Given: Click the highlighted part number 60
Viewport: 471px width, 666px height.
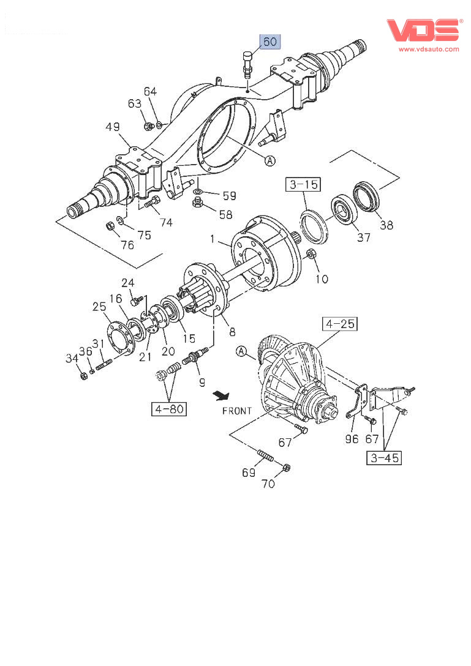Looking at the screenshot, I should coord(270,42).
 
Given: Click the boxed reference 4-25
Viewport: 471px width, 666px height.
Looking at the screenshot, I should coord(340,324).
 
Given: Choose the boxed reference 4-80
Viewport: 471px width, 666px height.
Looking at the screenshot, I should coord(169,408).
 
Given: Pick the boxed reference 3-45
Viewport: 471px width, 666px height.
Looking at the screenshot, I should coord(385,457).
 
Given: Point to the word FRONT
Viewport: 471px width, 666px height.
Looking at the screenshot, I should coord(236,410).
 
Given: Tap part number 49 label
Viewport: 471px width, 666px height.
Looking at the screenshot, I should coord(112,127).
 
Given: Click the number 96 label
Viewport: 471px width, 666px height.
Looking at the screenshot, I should coord(352,438).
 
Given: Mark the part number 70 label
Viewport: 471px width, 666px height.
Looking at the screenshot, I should coord(268,484).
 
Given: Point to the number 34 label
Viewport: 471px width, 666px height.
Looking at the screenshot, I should coord(73,358).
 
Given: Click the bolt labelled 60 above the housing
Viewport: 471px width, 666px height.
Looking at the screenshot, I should coord(247,64).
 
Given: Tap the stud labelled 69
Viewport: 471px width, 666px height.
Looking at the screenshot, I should coord(265,457).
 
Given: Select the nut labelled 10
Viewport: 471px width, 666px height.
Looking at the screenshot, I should coord(311,254).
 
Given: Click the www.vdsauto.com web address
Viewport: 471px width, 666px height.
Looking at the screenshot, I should coord(429,49).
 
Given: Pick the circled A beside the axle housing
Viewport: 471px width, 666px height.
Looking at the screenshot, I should coord(270,160).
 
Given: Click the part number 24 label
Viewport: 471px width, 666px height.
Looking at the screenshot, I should coord(127,283).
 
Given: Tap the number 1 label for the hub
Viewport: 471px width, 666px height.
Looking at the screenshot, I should coord(213,241).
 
